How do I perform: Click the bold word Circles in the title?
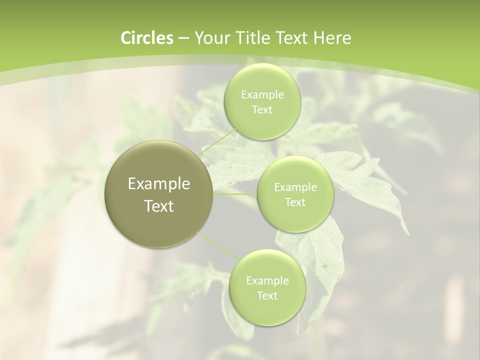tap(147, 38)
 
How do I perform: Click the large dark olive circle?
tap(159, 194)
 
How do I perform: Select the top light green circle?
tap(262, 102)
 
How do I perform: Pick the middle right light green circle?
tap(295, 194)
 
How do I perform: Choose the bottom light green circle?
tap(267, 287)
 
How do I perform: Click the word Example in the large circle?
tap(159, 184)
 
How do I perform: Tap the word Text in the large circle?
tap(159, 206)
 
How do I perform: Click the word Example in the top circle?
tap(262, 95)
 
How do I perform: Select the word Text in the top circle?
tap(262, 110)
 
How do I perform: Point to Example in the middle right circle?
tap(295, 187)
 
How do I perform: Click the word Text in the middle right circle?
tap(295, 202)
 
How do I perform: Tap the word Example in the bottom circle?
tap(267, 281)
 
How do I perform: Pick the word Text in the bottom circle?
tap(267, 296)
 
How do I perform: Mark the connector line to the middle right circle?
tap(235, 194)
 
